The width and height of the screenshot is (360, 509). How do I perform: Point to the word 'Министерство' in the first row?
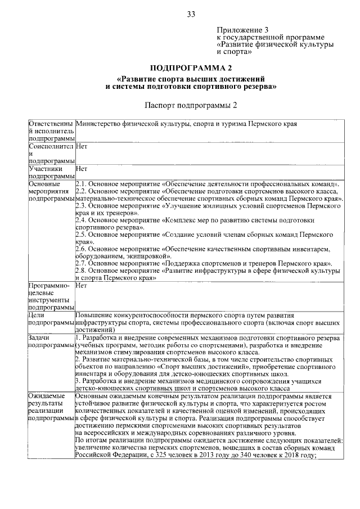(99, 123)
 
